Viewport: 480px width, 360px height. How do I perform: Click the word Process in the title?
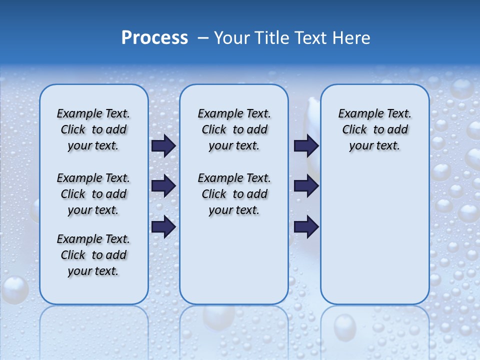(154, 38)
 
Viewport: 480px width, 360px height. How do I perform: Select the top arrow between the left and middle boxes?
(163, 145)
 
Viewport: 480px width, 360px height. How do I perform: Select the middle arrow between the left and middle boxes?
(163, 186)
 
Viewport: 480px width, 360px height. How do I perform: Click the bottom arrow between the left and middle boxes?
(163, 226)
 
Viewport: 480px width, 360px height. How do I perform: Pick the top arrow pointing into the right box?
(306, 145)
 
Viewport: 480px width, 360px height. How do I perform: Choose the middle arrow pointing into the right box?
(306, 186)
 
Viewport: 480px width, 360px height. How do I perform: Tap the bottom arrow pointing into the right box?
(306, 226)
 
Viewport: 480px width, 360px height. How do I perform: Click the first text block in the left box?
(93, 129)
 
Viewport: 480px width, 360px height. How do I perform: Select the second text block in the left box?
(93, 194)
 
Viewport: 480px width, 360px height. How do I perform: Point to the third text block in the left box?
(93, 255)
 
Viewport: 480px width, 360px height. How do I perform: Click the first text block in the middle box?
(234, 129)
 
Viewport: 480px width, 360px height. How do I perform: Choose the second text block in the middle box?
(234, 194)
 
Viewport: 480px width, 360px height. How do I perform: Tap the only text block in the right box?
(374, 129)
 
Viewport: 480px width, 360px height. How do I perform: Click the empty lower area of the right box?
(374, 235)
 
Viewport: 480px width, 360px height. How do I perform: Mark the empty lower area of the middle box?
(234, 260)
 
